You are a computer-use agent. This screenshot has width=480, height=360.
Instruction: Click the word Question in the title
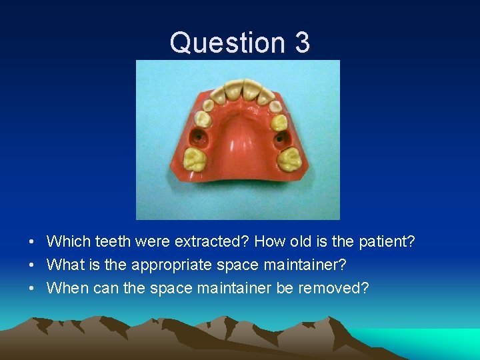pos(219,43)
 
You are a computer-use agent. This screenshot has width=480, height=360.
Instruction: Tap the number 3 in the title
pos(301,43)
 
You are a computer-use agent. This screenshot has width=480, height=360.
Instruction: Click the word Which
pos(67,241)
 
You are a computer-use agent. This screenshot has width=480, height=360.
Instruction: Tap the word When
pos(67,289)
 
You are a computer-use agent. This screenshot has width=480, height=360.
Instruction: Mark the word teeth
pos(115,241)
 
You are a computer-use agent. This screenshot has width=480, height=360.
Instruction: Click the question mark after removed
pos(364,289)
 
